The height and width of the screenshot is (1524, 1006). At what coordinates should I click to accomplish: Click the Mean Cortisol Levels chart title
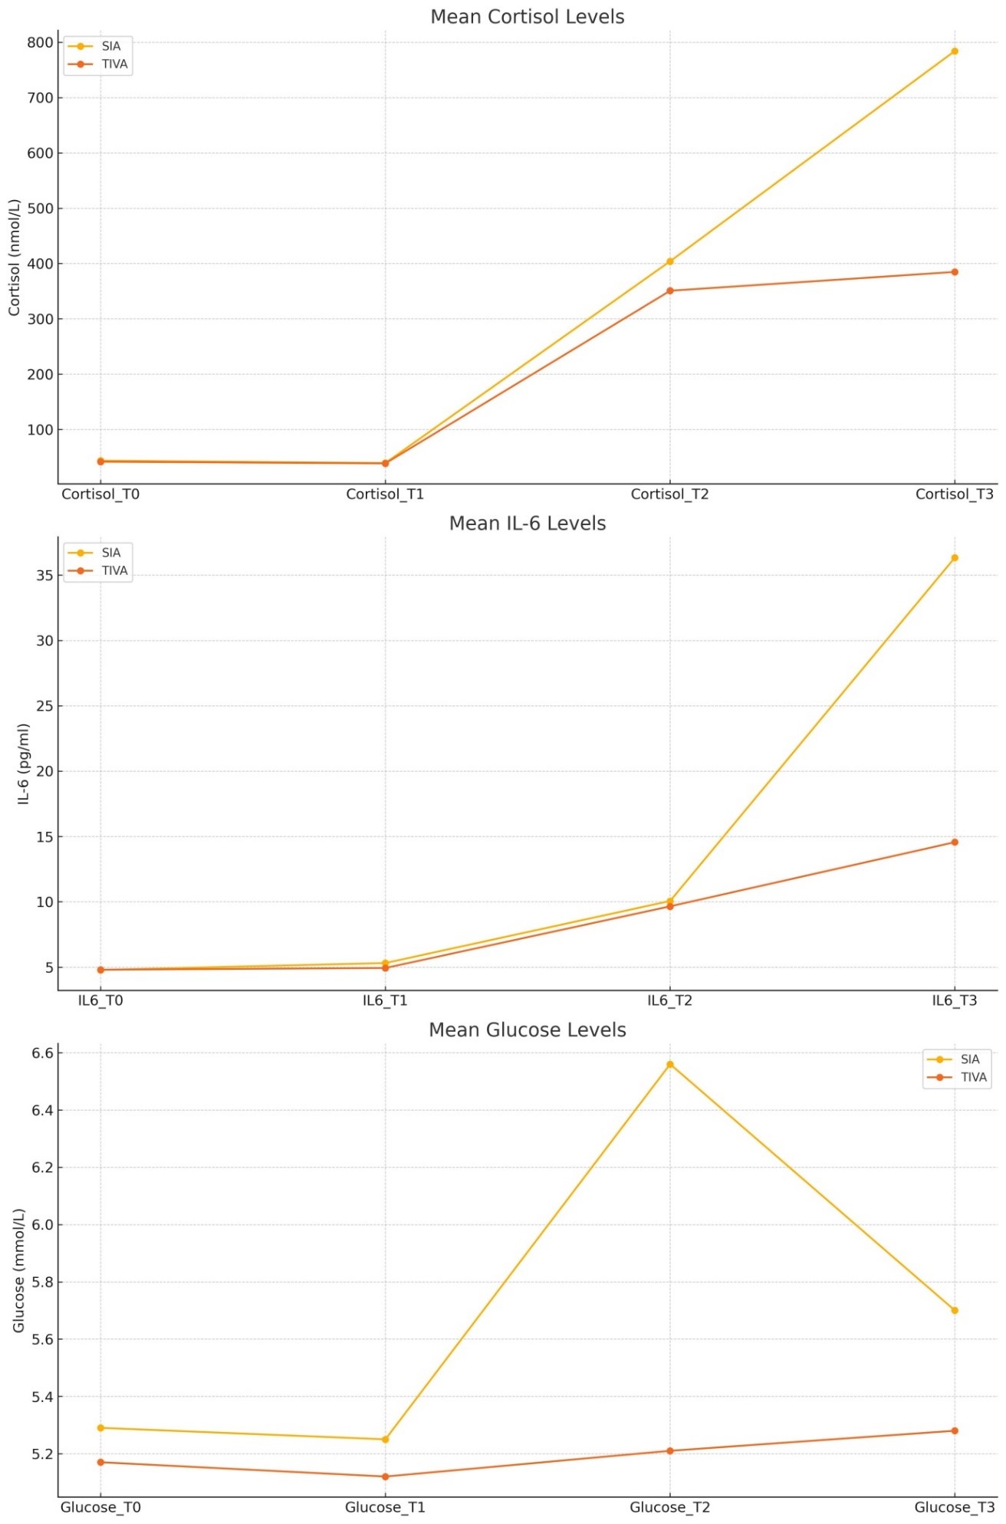tap(527, 17)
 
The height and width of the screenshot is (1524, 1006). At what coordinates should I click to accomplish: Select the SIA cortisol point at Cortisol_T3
tap(955, 51)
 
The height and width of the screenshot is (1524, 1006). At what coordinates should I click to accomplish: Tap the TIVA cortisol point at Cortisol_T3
tap(955, 272)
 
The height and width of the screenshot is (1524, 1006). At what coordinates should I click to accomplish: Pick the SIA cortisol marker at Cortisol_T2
tap(670, 261)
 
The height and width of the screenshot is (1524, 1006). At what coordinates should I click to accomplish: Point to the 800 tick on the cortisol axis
tap(40, 43)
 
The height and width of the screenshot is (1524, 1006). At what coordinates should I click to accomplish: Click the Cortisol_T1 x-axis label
tap(385, 494)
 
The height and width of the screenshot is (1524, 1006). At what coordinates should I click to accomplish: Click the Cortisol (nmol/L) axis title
tap(15, 258)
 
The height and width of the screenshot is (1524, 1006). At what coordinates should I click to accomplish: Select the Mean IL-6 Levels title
tap(527, 524)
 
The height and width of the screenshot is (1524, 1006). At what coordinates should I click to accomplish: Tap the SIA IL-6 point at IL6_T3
tap(955, 558)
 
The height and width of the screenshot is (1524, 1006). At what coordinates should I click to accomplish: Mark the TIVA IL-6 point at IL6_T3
tap(955, 842)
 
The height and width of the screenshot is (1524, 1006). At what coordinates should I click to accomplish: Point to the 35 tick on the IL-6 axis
tap(44, 576)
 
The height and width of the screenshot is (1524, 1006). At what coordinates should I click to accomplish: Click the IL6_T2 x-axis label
tap(669, 1001)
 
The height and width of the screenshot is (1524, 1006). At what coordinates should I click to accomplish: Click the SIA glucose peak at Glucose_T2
tap(670, 1065)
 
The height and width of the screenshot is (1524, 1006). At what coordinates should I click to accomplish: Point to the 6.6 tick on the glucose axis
tap(43, 1053)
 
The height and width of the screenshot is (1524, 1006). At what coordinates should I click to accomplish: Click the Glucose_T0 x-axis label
tap(100, 1508)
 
